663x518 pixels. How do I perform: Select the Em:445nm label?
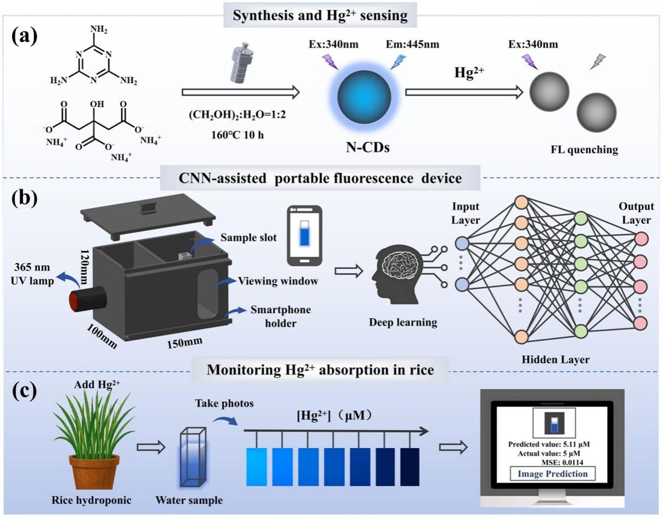[x=412, y=44]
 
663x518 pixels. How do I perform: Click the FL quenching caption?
[x=584, y=150]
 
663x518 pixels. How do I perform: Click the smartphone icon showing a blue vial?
[x=304, y=235]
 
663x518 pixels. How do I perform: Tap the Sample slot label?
[x=248, y=237]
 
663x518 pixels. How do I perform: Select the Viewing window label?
[x=278, y=281]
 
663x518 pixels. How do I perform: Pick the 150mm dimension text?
[x=184, y=343]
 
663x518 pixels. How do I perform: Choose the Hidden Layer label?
[x=555, y=359]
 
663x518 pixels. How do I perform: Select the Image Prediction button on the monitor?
[x=553, y=474]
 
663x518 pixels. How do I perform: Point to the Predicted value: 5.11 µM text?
[x=549, y=444]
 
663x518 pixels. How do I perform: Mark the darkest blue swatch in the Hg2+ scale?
[x=410, y=467]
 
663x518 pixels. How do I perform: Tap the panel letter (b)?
[x=24, y=200]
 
